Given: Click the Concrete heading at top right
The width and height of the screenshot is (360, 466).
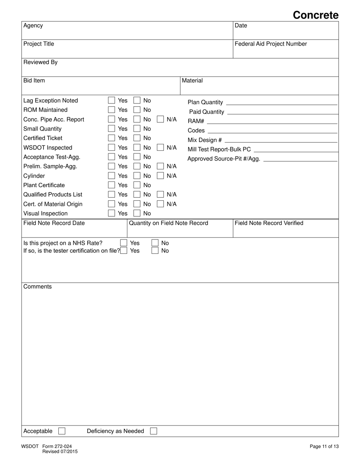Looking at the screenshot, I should pyautogui.click(x=315, y=15).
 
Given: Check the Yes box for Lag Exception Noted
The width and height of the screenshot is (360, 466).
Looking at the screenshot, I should pyautogui.click(x=111, y=100).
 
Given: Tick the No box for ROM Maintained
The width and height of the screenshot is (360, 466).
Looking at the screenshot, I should pyautogui.click(x=137, y=110).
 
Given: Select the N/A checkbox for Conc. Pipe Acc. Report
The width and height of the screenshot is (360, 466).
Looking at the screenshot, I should pyautogui.click(x=160, y=119).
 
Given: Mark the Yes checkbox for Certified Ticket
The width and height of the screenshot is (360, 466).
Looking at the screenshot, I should pyautogui.click(x=111, y=138).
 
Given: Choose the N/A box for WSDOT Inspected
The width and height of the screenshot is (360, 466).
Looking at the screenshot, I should pyautogui.click(x=160, y=147).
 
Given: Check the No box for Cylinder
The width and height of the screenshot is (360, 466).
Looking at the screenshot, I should pyautogui.click(x=137, y=176).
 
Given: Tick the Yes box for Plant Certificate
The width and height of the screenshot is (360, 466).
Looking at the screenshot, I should pyautogui.click(x=111, y=185).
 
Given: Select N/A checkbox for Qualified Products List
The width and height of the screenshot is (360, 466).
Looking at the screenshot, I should pyautogui.click(x=160, y=194).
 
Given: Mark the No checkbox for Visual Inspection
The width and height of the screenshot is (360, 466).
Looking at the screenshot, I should pyautogui.click(x=137, y=213).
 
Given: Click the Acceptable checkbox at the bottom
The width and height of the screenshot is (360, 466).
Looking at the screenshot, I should pyautogui.click(x=62, y=431).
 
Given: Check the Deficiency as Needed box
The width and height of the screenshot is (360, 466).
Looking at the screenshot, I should pyautogui.click(x=153, y=431).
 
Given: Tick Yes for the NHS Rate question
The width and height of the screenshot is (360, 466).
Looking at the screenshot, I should pyautogui.click(x=124, y=243).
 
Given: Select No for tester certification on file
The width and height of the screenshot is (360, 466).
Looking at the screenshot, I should pyautogui.click(x=155, y=250).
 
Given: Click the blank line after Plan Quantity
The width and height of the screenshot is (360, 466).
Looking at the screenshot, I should pyautogui.click(x=281, y=102).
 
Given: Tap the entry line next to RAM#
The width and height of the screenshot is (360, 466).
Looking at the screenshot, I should pyautogui.click(x=272, y=121).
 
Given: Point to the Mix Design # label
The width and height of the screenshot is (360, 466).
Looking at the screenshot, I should pyautogui.click(x=205, y=140).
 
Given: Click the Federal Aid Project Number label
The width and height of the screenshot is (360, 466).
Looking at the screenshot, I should pyautogui.click(x=271, y=44).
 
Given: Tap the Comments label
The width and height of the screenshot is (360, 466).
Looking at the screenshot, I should pyautogui.click(x=38, y=287).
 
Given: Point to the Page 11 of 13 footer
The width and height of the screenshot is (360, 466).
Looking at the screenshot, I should pyautogui.click(x=324, y=446).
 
